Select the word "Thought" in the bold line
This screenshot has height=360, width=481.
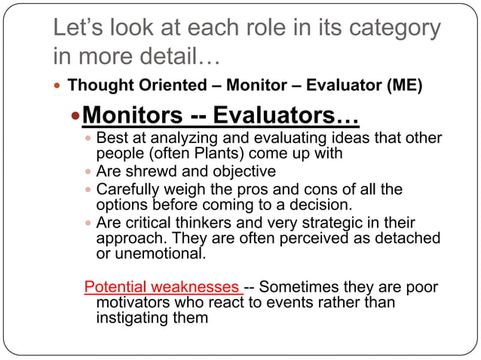96,84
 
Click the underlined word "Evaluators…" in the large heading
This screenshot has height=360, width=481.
286,117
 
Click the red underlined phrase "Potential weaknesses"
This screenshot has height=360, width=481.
162,288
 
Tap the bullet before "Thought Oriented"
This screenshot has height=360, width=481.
58,84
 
